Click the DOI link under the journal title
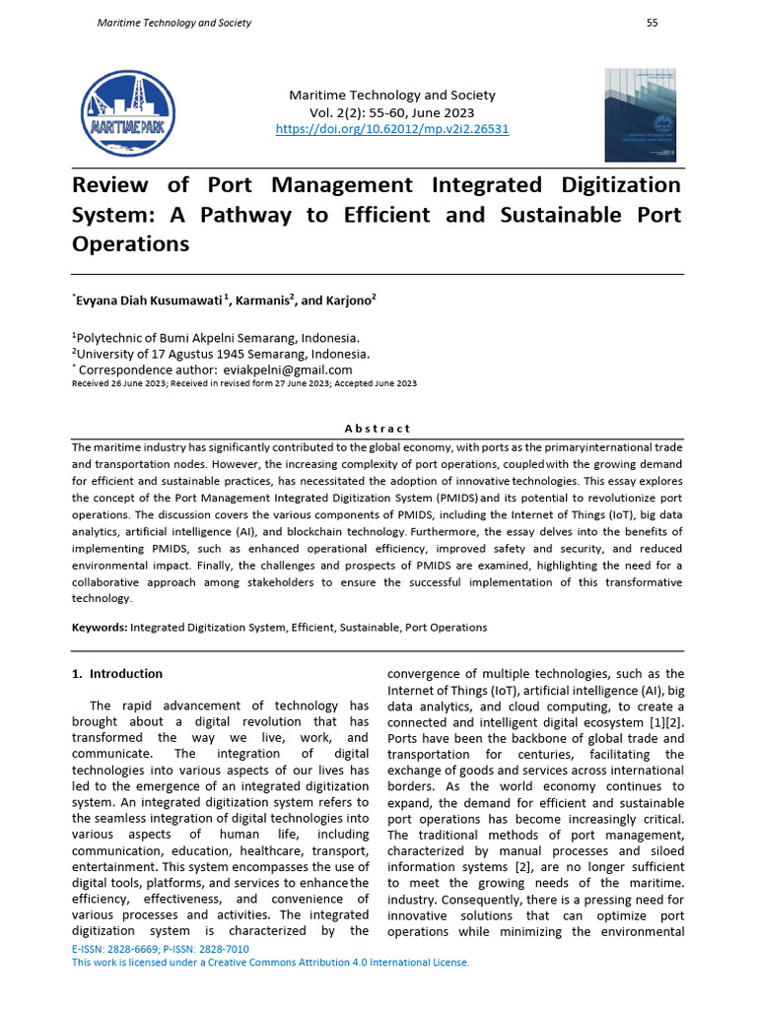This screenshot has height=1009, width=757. coord(392,129)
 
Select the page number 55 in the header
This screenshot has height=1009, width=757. coord(652,23)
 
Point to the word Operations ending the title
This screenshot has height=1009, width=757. coord(130,244)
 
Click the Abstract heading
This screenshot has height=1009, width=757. coord(378,429)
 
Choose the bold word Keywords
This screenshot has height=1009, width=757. coord(99,628)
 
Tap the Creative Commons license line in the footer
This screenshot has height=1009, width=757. coord(271,963)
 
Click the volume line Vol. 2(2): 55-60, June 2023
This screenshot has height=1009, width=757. coord(392,112)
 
